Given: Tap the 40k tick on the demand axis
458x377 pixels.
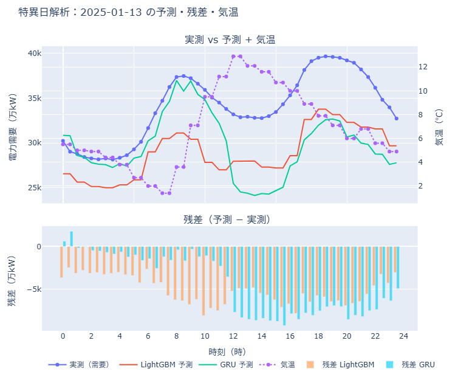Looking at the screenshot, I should (x=33, y=54).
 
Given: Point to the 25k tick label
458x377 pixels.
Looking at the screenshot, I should (x=33, y=187).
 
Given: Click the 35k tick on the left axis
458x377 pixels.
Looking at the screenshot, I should (x=33, y=99).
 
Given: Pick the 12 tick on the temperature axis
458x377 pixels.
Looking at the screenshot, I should (x=423, y=67).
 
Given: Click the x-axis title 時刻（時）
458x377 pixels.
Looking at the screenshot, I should (x=227, y=351).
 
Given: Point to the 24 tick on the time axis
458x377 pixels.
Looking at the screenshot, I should (x=403, y=336).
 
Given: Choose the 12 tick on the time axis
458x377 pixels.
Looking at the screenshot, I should (x=233, y=336).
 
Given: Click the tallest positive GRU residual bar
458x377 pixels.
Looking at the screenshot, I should (x=71, y=239).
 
